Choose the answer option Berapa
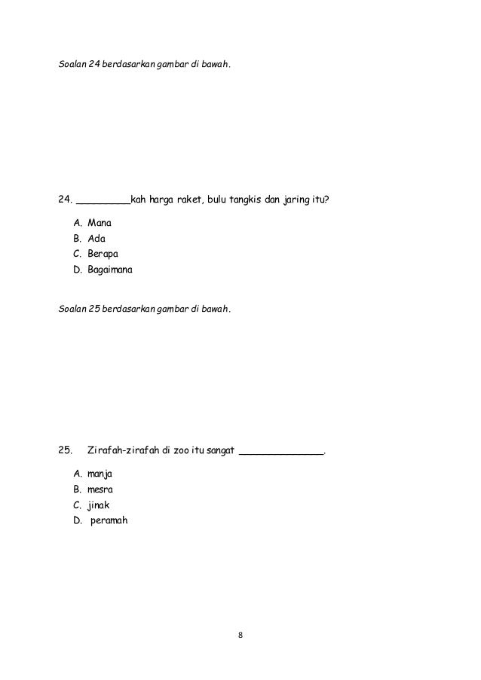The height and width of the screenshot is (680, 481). pyautogui.click(x=102, y=254)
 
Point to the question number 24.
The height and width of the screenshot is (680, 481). pyautogui.click(x=65, y=201)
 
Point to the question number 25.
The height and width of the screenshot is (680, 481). pyautogui.click(x=65, y=452)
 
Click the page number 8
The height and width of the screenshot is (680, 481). pyautogui.click(x=240, y=637)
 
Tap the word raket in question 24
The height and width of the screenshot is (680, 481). pyautogui.click(x=188, y=201)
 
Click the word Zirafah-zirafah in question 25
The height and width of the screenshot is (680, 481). pyautogui.click(x=124, y=452)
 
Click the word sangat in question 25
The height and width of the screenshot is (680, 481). pyautogui.click(x=220, y=452)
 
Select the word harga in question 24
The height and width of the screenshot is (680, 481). pyautogui.click(x=160, y=201)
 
